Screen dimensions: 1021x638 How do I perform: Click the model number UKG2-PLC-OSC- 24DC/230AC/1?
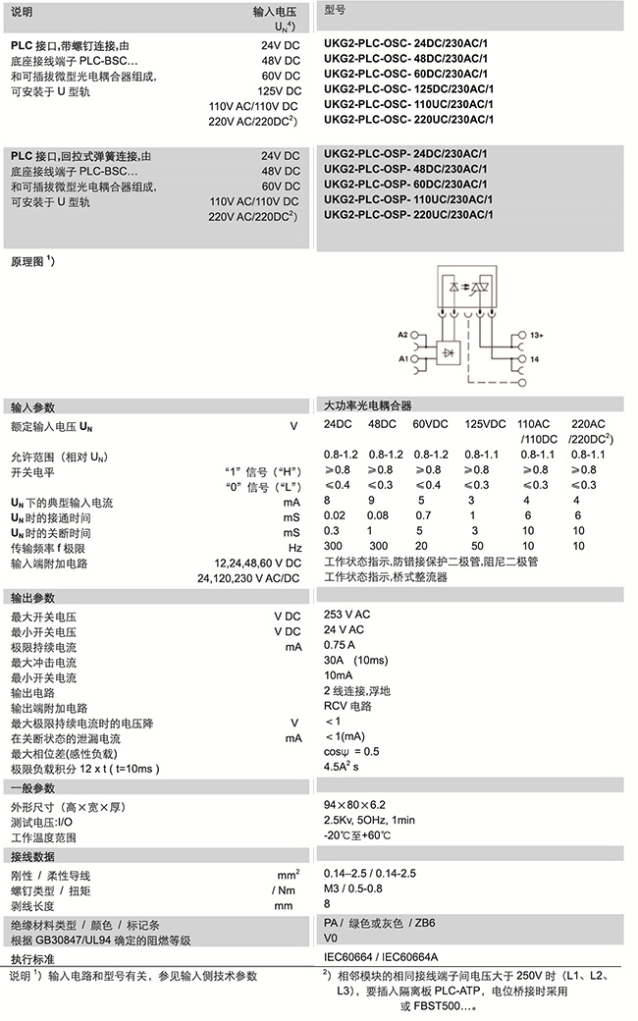[408, 45]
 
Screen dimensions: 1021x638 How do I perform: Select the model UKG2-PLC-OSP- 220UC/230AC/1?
[408, 214]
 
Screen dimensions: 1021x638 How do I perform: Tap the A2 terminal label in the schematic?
[402, 335]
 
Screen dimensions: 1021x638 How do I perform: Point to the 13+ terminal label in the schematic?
[537, 336]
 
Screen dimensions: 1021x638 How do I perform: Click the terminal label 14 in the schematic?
[535, 360]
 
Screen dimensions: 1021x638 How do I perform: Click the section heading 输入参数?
[33, 406]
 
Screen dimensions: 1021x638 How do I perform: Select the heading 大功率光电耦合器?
[368, 405]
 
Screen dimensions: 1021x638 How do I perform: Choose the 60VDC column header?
[431, 424]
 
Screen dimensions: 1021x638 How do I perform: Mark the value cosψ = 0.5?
[351, 751]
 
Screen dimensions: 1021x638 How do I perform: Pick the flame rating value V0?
[332, 938]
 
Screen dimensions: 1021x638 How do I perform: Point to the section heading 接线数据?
[33, 855]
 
